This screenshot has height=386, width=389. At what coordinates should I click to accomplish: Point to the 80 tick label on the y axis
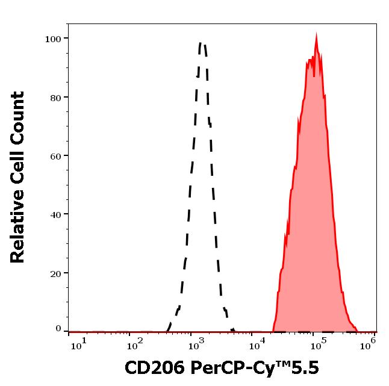click(55, 98)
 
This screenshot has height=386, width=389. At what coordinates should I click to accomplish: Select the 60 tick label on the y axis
click(55, 156)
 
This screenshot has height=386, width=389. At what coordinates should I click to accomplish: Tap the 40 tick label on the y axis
click(55, 214)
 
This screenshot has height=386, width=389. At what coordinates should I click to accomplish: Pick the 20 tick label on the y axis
click(55, 273)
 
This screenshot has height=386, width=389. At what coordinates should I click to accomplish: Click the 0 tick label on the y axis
click(58, 329)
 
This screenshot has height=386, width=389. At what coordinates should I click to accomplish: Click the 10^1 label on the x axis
click(79, 343)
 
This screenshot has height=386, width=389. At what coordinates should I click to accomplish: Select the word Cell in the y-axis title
click(18, 170)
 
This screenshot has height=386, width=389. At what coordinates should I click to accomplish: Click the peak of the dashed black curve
click(202, 43)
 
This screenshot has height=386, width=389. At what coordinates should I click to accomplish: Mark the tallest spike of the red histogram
click(317, 34)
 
